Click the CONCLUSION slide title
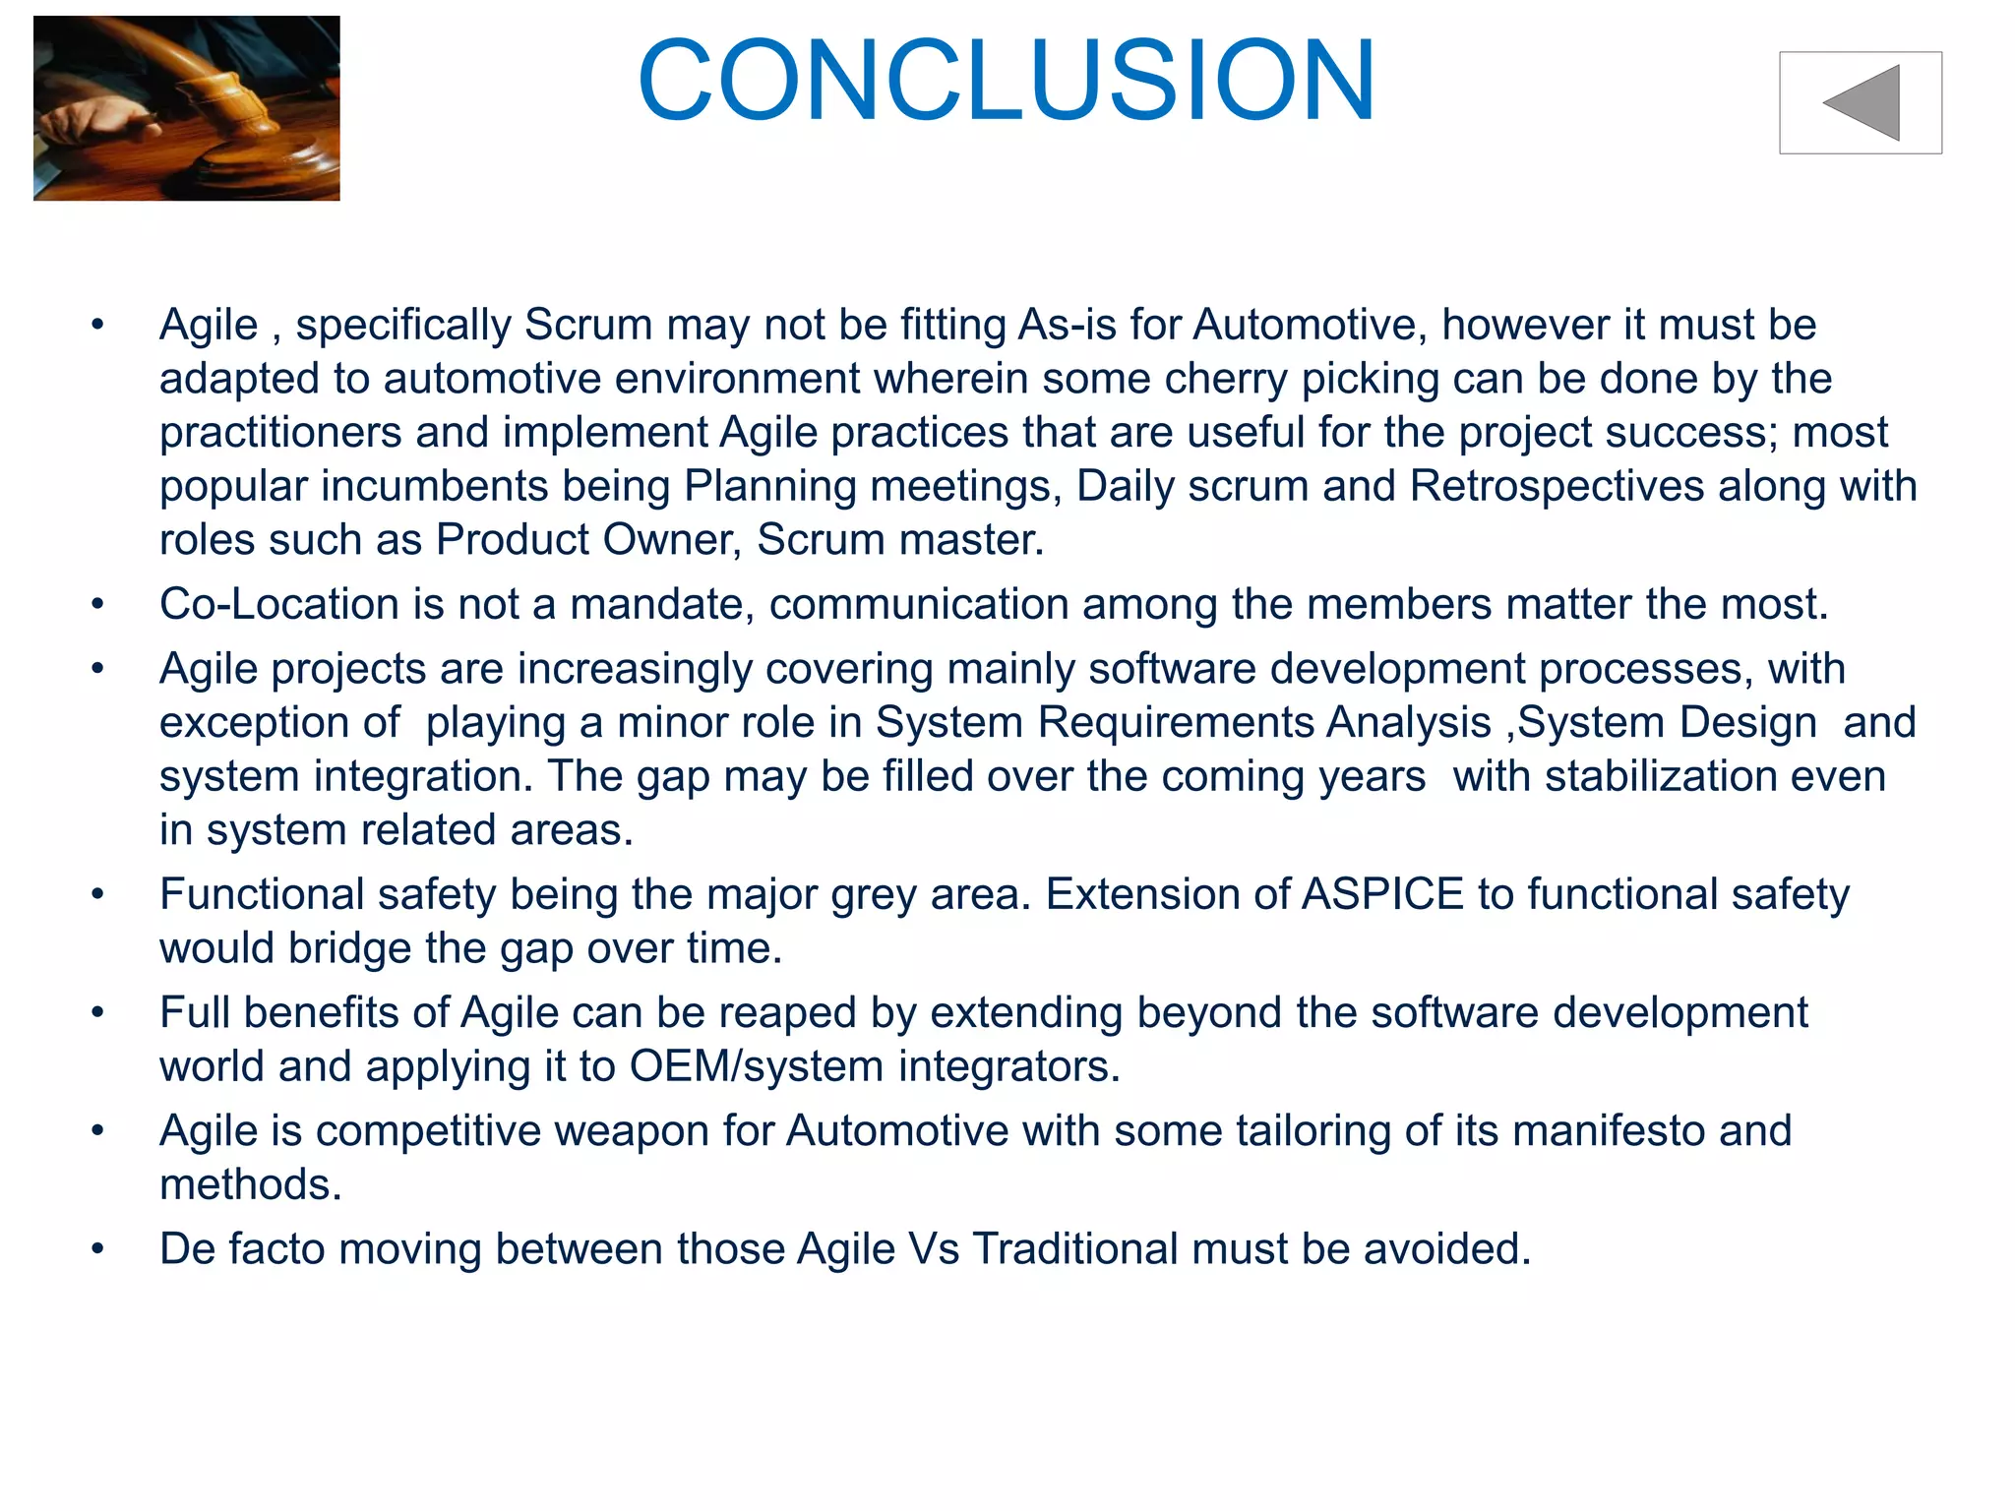click(1006, 81)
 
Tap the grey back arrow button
click(1860, 103)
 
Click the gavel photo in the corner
click(187, 108)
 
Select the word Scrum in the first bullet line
click(588, 325)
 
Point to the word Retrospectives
click(1557, 486)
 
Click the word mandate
click(660, 604)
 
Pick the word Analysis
click(1409, 723)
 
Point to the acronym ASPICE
click(1382, 894)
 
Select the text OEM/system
click(757, 1066)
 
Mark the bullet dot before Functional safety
click(97, 895)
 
